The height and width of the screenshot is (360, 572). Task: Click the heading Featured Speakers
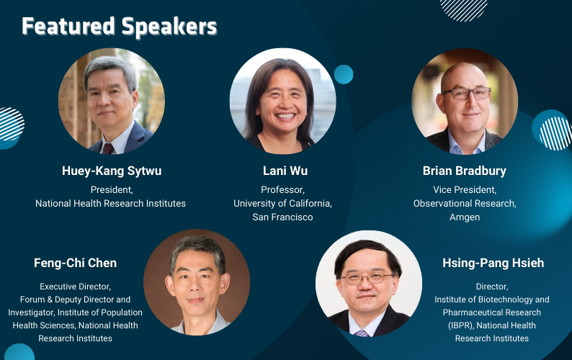click(120, 27)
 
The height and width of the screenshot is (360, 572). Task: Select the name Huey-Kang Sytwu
click(112, 171)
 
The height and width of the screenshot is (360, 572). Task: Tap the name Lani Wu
click(285, 171)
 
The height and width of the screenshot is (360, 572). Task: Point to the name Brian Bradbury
click(465, 171)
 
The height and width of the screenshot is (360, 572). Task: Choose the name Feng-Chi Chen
click(75, 263)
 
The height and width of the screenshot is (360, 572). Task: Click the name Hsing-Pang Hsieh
click(493, 263)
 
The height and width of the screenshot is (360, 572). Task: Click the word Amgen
click(465, 217)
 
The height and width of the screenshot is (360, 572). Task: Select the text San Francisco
click(282, 217)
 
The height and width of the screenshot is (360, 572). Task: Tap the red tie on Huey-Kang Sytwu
click(108, 148)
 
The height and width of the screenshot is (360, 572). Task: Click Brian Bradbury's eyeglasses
click(467, 94)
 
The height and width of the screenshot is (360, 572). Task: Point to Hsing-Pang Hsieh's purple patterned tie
click(362, 333)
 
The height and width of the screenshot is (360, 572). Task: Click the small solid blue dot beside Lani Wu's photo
click(344, 74)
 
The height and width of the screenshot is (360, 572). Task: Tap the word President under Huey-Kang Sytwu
click(112, 190)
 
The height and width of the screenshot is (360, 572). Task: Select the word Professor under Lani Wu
click(282, 190)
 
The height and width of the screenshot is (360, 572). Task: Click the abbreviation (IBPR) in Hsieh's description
click(461, 325)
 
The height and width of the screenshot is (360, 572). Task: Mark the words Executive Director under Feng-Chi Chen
click(75, 287)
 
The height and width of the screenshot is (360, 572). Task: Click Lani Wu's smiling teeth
click(285, 117)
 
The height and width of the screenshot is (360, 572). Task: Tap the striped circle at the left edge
click(10, 124)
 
